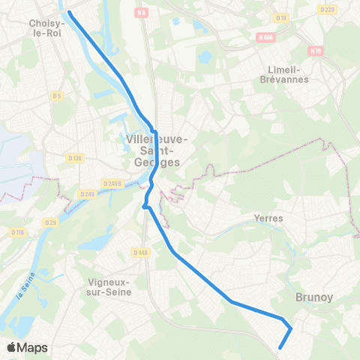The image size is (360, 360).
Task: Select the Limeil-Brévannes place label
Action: coord(278,73)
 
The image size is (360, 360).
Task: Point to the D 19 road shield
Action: coord(281,17)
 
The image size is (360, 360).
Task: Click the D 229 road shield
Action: coord(327,10)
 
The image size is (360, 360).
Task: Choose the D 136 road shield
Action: coord(74,157)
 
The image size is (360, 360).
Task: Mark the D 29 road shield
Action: coord(50,222)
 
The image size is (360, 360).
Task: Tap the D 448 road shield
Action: coord(139,252)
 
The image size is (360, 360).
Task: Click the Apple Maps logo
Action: coord(27,347)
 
